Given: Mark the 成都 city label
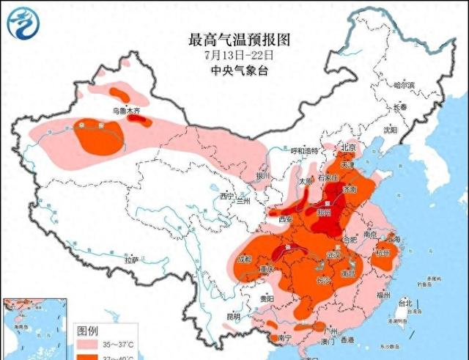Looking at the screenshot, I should (244, 260).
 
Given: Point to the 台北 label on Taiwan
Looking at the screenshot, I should (405, 303).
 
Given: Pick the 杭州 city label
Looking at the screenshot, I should (383, 252).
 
